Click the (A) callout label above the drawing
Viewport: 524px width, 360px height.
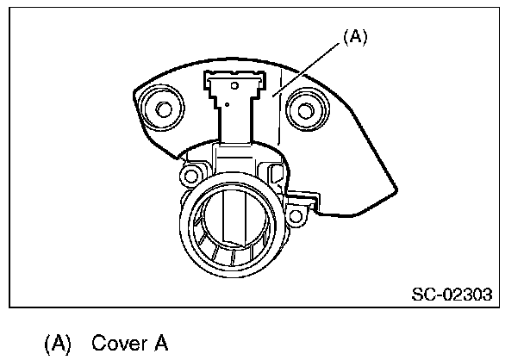(x=354, y=39)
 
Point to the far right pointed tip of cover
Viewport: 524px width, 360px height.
(x=396, y=187)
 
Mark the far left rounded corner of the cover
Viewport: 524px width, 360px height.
(x=136, y=91)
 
